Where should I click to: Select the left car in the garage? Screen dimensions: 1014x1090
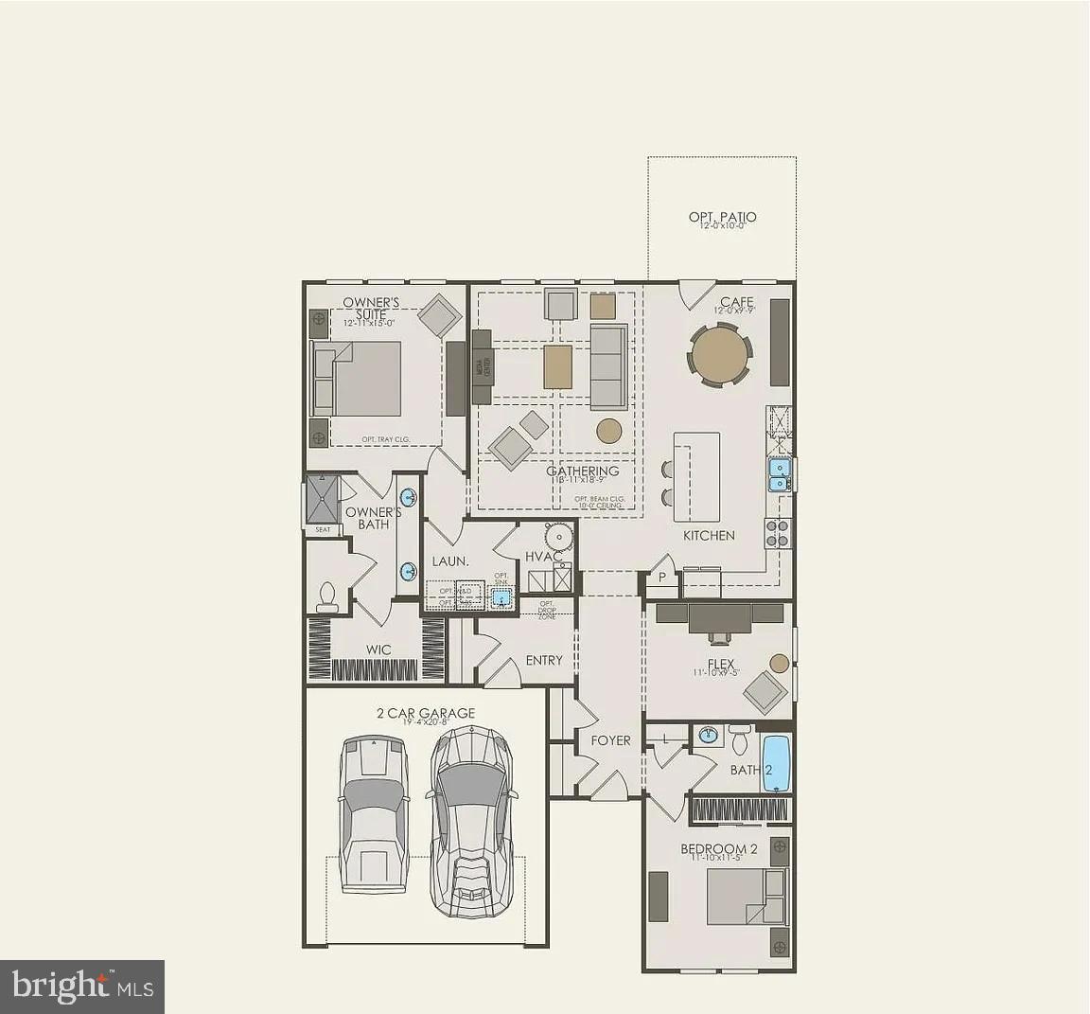coord(374,814)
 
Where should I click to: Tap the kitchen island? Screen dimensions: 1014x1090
coord(696,476)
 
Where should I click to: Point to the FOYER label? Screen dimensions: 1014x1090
coord(610,740)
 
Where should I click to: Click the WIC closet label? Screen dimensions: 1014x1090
coord(378,650)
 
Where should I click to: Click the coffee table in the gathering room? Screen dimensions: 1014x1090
coord(558,365)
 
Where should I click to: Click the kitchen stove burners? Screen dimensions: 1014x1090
coord(778,534)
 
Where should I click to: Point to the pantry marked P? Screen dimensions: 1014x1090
coord(661,577)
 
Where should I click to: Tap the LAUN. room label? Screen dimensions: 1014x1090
coord(450,560)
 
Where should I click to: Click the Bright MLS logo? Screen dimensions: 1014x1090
coord(82,987)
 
